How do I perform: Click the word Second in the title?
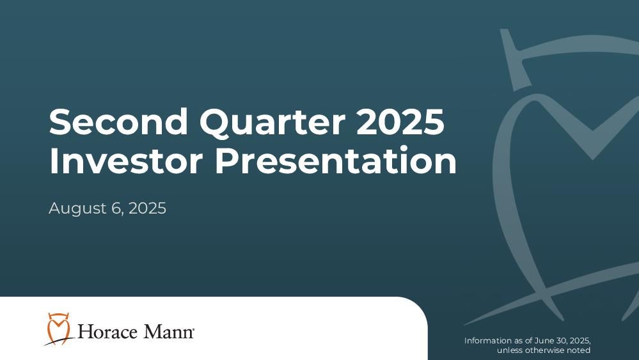tap(118, 121)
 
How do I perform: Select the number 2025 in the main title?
tap(400, 121)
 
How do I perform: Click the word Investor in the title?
tap(126, 161)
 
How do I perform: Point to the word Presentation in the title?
tap(336, 161)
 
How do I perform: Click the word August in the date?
tap(77, 209)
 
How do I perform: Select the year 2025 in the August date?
tap(147, 208)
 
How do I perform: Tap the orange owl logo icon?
tap(58, 329)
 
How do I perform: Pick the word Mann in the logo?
tap(168, 331)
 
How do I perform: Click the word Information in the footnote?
tap(489, 340)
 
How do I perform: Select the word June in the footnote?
tap(544, 340)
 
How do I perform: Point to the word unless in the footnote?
tap(510, 350)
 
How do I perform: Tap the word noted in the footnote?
tap(579, 350)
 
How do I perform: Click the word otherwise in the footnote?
tap(545, 350)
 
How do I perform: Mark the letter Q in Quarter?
tap(216, 123)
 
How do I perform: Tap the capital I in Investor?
tap(52, 161)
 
